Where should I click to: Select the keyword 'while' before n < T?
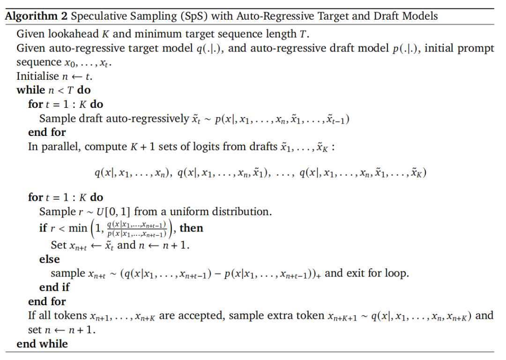coord(31,90)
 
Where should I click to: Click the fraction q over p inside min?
coord(136,229)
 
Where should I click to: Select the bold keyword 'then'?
coord(191,228)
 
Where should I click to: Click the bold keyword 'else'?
coord(49,259)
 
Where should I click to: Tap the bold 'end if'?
coord(54,287)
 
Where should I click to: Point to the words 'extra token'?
coord(276,316)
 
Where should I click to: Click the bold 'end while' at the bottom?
coord(42,344)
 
